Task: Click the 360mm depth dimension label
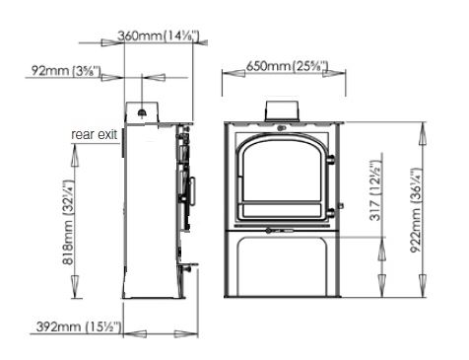click(x=159, y=36)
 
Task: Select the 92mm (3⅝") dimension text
click(x=66, y=70)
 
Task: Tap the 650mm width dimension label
click(x=287, y=66)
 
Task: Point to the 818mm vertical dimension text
click(x=69, y=223)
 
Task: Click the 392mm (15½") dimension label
click(x=79, y=326)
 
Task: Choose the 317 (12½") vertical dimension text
click(x=375, y=190)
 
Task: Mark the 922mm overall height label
click(x=416, y=210)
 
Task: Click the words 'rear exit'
click(x=94, y=134)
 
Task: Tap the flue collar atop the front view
click(x=282, y=111)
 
